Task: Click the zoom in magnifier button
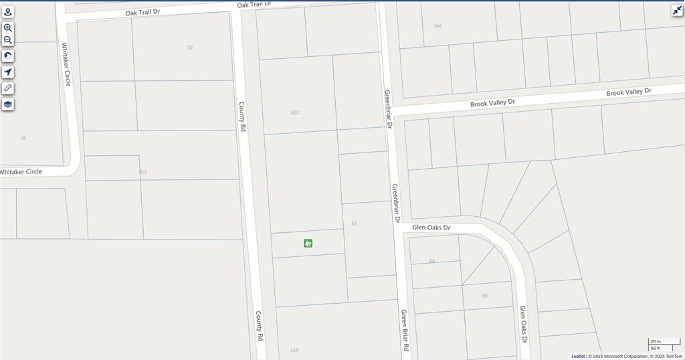(x=8, y=28)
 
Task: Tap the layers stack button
(x=8, y=104)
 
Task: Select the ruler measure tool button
(x=8, y=88)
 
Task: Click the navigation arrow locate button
(x=8, y=72)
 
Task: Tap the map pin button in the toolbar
(x=8, y=12)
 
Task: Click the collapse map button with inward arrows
(x=677, y=10)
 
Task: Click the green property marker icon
(x=308, y=243)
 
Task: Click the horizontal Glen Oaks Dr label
(x=431, y=228)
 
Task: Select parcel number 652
(x=295, y=112)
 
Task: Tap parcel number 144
(x=437, y=26)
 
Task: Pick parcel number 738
(x=294, y=350)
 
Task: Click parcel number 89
(x=484, y=295)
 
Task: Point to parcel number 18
(x=23, y=139)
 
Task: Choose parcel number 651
(x=143, y=172)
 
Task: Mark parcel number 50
(x=190, y=48)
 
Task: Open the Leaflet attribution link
(x=577, y=356)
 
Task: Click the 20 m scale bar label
(x=655, y=342)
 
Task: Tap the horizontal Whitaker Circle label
(x=21, y=172)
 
